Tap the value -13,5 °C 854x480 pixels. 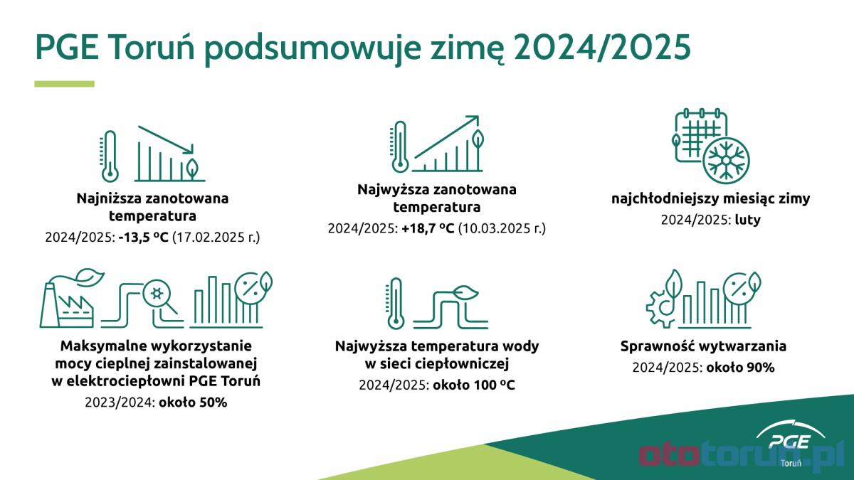pyautogui.click(x=143, y=238)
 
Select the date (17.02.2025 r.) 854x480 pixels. pyautogui.click(x=216, y=238)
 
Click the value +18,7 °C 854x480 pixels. pyautogui.click(x=428, y=228)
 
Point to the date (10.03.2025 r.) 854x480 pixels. pyautogui.click(x=502, y=228)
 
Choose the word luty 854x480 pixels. pyautogui.click(x=748, y=220)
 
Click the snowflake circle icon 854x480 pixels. pyautogui.click(x=726, y=161)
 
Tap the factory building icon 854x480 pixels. pyautogui.click(x=67, y=305)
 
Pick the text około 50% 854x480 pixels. pyautogui.click(x=193, y=402)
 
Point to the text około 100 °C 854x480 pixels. pyautogui.click(x=474, y=385)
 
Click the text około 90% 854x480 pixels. pyautogui.click(x=740, y=368)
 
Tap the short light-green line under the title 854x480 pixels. pyautogui.click(x=65, y=84)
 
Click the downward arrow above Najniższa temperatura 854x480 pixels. pyautogui.click(x=166, y=140)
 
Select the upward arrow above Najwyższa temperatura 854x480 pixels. pyautogui.click(x=446, y=137)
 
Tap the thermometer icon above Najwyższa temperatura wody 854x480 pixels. pyautogui.click(x=396, y=304)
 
